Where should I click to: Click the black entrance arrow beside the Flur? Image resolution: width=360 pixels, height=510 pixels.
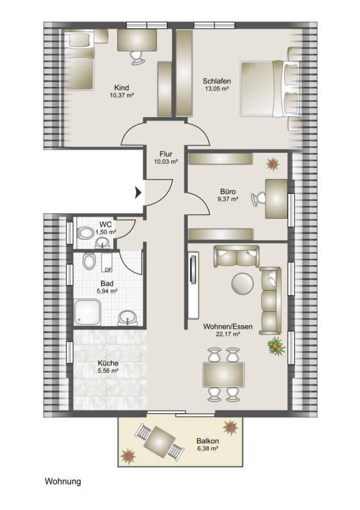(x=138, y=193)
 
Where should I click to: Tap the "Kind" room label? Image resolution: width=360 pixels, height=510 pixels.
(x=121, y=87)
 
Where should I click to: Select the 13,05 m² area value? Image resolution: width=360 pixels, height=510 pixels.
(x=216, y=88)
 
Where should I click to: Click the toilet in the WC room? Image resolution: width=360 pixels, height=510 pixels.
(x=85, y=233)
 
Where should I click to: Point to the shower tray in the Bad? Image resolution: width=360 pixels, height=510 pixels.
(x=87, y=312)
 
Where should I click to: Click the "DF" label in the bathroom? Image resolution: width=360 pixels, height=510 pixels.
(x=108, y=269)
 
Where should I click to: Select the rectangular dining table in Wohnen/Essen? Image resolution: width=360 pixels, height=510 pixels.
(x=223, y=375)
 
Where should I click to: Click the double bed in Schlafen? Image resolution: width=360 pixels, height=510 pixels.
(x=270, y=88)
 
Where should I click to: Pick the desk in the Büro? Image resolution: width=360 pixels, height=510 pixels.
(x=276, y=198)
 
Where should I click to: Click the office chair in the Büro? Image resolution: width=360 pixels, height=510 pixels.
(x=259, y=199)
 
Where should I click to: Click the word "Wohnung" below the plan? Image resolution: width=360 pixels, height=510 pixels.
(x=63, y=481)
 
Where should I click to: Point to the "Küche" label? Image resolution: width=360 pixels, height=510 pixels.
(x=108, y=363)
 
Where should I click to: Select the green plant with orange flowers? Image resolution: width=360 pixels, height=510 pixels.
(x=276, y=346)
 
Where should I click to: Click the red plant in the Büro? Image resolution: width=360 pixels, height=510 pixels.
(x=273, y=164)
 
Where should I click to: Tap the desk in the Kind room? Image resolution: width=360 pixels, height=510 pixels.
(x=137, y=40)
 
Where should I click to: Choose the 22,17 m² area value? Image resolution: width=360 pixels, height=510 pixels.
(x=228, y=334)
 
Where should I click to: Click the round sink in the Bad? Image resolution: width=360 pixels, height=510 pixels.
(x=128, y=317)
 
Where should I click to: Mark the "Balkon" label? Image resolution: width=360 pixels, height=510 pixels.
(x=207, y=441)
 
